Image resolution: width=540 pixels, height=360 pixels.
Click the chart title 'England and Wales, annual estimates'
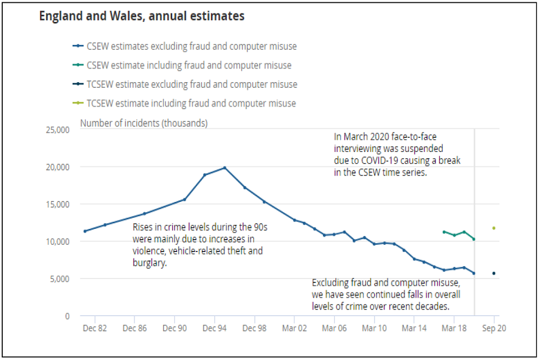(142, 16)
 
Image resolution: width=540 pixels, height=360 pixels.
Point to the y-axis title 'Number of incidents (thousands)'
(144, 123)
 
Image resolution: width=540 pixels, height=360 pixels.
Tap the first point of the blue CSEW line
(85, 231)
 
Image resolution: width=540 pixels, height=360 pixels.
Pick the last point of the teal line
(474, 239)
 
